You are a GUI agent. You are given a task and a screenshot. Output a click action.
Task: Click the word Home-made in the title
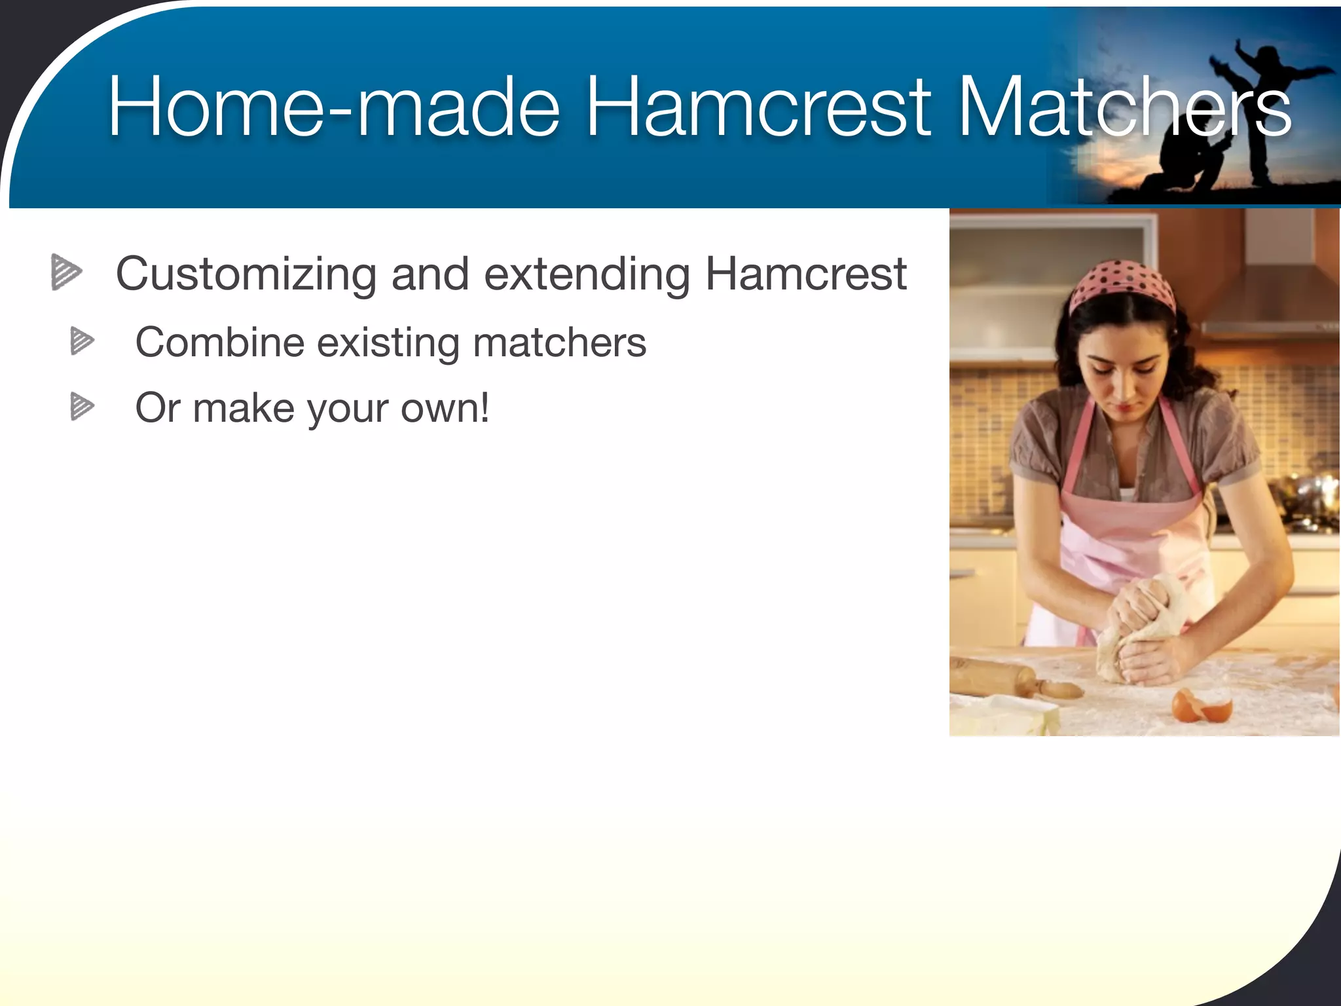point(334,107)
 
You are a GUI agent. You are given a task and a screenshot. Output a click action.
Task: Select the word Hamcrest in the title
point(757,107)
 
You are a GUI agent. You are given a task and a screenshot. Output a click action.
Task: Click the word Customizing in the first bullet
point(246,274)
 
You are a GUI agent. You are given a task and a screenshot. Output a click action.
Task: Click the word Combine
point(219,343)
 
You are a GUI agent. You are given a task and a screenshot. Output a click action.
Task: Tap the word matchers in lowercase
point(559,343)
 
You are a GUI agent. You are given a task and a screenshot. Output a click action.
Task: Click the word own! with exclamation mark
point(445,408)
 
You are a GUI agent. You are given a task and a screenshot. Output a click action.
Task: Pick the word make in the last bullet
point(244,408)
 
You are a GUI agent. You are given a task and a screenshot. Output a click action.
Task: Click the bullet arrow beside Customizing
point(66,272)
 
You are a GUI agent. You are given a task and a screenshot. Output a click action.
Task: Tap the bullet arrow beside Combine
point(82,341)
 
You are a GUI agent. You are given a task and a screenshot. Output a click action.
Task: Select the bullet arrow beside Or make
point(82,406)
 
